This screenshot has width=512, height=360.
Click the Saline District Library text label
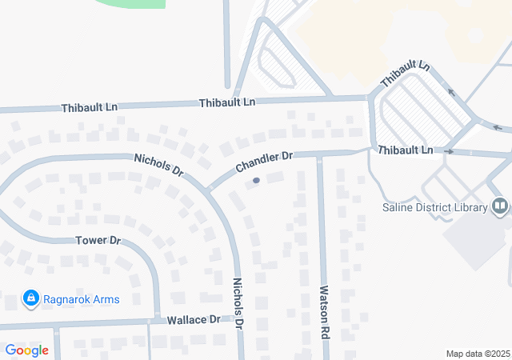434,208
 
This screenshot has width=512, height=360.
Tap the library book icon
500,207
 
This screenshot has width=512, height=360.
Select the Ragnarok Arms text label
82,300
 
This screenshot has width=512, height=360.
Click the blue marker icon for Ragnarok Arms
31,299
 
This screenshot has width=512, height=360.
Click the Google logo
26,350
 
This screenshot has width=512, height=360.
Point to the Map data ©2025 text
477,354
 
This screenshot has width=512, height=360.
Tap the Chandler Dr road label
264,162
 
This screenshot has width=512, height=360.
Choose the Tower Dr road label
98,240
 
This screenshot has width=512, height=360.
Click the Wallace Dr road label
193,320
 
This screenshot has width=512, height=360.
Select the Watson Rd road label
325,311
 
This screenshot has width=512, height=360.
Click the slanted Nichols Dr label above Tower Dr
159,165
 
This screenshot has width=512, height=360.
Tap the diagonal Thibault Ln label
405,74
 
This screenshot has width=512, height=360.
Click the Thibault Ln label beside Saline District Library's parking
405,150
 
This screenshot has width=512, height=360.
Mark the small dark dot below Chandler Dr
256,181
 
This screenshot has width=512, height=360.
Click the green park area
132,3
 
